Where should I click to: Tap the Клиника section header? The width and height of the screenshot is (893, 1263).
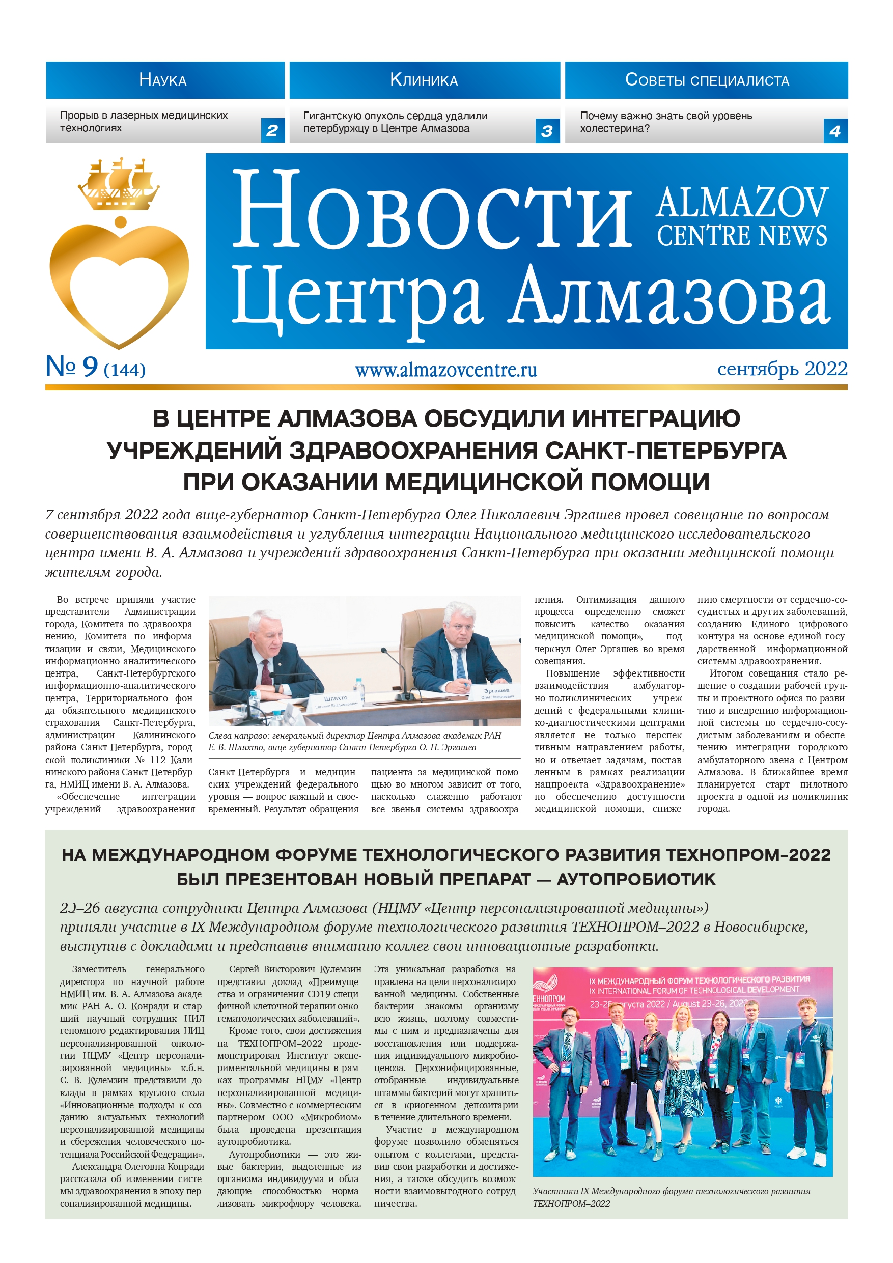(x=424, y=80)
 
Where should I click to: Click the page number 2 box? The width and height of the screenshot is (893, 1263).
(x=272, y=131)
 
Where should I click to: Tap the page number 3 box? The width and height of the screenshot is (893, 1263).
(x=546, y=131)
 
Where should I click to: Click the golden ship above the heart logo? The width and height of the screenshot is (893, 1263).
(x=119, y=185)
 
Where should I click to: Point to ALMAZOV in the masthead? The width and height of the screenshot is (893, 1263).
(x=741, y=203)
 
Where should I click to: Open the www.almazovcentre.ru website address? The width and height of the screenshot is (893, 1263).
(x=445, y=370)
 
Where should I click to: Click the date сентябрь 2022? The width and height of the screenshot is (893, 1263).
(x=782, y=369)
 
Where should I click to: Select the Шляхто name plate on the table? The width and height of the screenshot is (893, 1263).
(x=336, y=699)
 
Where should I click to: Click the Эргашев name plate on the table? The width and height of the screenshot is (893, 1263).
(x=497, y=692)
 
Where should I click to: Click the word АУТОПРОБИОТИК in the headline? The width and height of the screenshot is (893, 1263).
(x=636, y=879)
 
